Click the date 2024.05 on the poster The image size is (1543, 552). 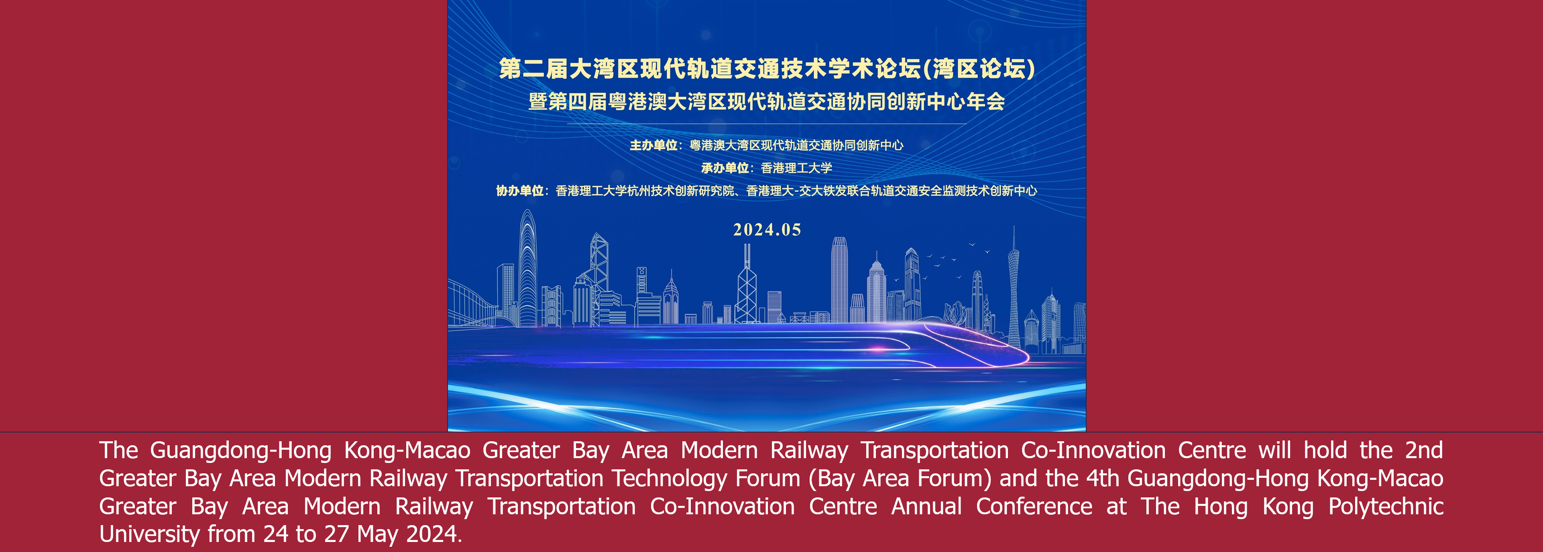(x=767, y=230)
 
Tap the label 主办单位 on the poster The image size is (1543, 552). (x=653, y=145)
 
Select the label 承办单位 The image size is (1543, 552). (x=725, y=168)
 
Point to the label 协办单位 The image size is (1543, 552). (x=519, y=191)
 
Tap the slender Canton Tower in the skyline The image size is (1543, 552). (x=1013, y=287)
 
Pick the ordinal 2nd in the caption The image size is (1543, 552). (x=1425, y=450)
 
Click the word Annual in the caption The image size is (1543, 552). (x=926, y=507)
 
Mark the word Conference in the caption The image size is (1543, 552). (x=1034, y=507)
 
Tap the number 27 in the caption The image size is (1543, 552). (x=337, y=534)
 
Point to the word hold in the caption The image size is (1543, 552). (x=1325, y=450)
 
